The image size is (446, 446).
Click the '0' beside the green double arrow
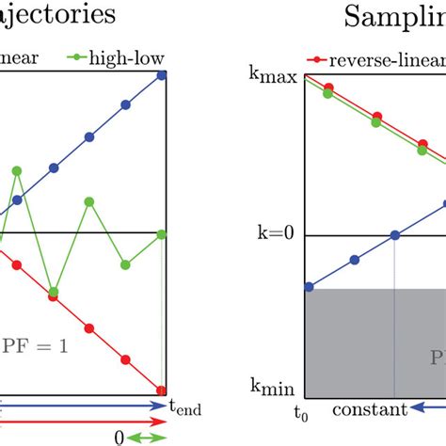[119, 438]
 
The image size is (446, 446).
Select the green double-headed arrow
[149, 438]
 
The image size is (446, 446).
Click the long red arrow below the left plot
[85, 422]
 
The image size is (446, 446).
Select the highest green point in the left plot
[17, 170]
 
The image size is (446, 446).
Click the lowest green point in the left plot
[54, 292]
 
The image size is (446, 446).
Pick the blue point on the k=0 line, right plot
[395, 234]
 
